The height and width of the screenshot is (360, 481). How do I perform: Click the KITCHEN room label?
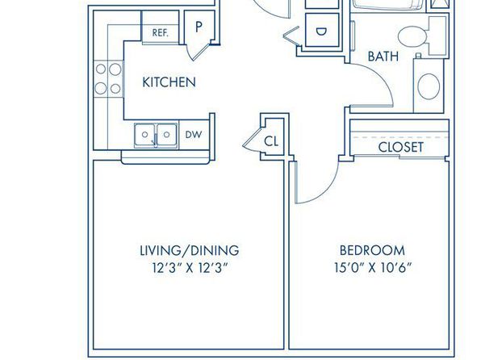pyautogui.click(x=169, y=82)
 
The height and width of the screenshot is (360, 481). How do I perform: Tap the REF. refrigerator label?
pyautogui.click(x=161, y=33)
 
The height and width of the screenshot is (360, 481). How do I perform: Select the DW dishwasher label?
pyautogui.click(x=194, y=135)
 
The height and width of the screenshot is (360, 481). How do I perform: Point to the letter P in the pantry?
pyautogui.click(x=199, y=27)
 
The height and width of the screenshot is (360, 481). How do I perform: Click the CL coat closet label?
pyautogui.click(x=271, y=141)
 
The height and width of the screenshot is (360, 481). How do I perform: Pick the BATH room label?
pyautogui.click(x=383, y=57)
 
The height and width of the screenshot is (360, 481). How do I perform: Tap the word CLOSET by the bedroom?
pyautogui.click(x=400, y=148)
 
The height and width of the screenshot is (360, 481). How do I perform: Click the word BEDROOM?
pyautogui.click(x=372, y=250)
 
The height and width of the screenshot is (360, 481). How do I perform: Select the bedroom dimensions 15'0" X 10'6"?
pyautogui.click(x=372, y=268)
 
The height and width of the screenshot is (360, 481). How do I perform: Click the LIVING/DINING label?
pyautogui.click(x=190, y=250)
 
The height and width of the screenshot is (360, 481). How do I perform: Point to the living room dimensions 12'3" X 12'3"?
pyautogui.click(x=190, y=268)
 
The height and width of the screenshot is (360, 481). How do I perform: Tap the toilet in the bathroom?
pyautogui.click(x=422, y=36)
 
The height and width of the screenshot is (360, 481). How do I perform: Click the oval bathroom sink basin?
pyautogui.click(x=429, y=86)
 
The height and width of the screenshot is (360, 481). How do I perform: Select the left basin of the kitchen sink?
pyautogui.click(x=145, y=135)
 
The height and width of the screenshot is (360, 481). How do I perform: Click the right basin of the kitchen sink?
pyautogui.click(x=167, y=135)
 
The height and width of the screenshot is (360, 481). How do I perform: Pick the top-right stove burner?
pyautogui.click(x=115, y=69)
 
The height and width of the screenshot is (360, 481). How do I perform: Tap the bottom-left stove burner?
pyautogui.click(x=101, y=89)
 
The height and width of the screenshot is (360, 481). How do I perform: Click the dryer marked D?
pyautogui.click(x=322, y=31)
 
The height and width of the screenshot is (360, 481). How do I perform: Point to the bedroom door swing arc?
pyautogui.click(x=325, y=191)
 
